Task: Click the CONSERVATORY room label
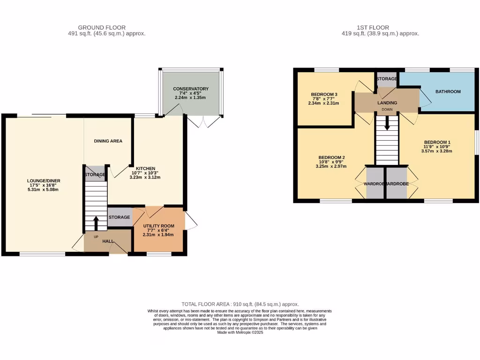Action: click(x=190, y=89)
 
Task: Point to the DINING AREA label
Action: click(x=108, y=141)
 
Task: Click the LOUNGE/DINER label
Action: click(x=44, y=181)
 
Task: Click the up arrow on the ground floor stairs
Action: click(x=96, y=222)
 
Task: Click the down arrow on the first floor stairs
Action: click(x=387, y=124)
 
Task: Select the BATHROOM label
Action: click(x=448, y=92)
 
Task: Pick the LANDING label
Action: click(x=387, y=103)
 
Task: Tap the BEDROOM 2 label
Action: click(x=331, y=157)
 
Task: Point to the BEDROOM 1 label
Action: click(x=437, y=142)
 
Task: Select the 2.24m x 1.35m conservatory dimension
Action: click(x=190, y=97)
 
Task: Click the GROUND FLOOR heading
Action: click(x=102, y=28)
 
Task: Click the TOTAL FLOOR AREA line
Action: click(x=240, y=304)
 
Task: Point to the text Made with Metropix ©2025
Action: click(x=240, y=332)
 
